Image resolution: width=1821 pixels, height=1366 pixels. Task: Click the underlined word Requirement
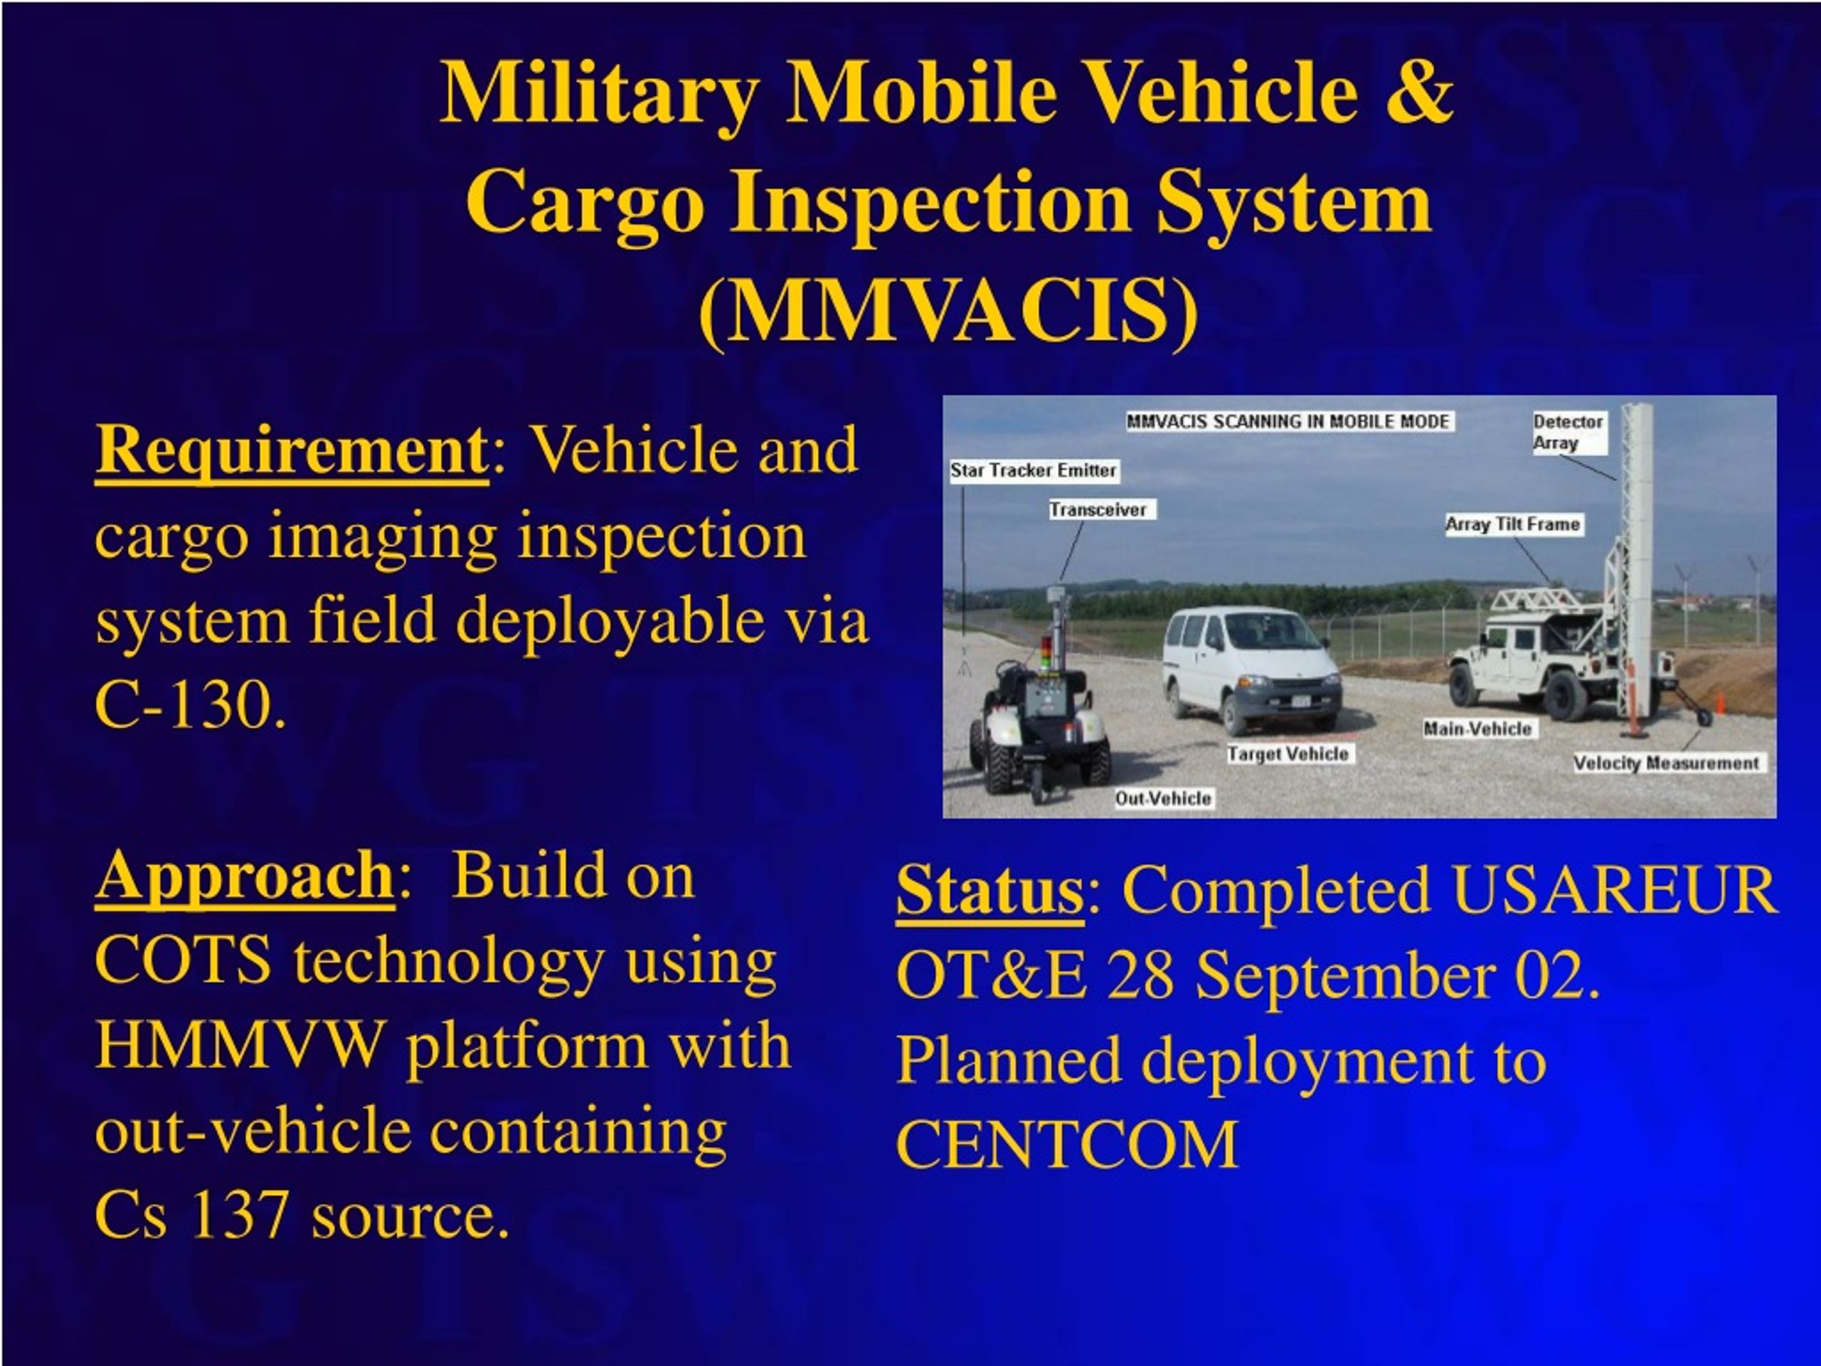(x=292, y=452)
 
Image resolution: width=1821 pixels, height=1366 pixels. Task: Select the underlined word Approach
(x=245, y=878)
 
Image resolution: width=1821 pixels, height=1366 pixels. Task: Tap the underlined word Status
(x=989, y=891)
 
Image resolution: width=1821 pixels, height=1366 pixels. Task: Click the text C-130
(x=191, y=705)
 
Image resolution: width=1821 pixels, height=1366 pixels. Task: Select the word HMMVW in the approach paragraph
(x=240, y=1046)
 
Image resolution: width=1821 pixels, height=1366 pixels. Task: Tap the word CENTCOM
(x=1067, y=1144)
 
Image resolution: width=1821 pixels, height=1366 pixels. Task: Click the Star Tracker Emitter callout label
(x=1033, y=470)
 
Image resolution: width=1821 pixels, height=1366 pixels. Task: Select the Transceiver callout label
(x=1098, y=509)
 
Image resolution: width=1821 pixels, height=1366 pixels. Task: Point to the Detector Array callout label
(x=1568, y=433)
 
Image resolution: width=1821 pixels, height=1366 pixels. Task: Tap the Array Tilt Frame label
(x=1513, y=524)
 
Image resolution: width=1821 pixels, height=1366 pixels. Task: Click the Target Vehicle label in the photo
(x=1288, y=754)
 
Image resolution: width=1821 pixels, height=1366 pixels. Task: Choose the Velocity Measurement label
(x=1666, y=763)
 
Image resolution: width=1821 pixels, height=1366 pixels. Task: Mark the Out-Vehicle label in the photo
(x=1163, y=798)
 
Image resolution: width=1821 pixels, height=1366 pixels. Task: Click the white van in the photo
(x=1251, y=669)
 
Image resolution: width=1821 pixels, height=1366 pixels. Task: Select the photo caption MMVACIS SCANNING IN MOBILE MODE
(x=1288, y=422)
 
